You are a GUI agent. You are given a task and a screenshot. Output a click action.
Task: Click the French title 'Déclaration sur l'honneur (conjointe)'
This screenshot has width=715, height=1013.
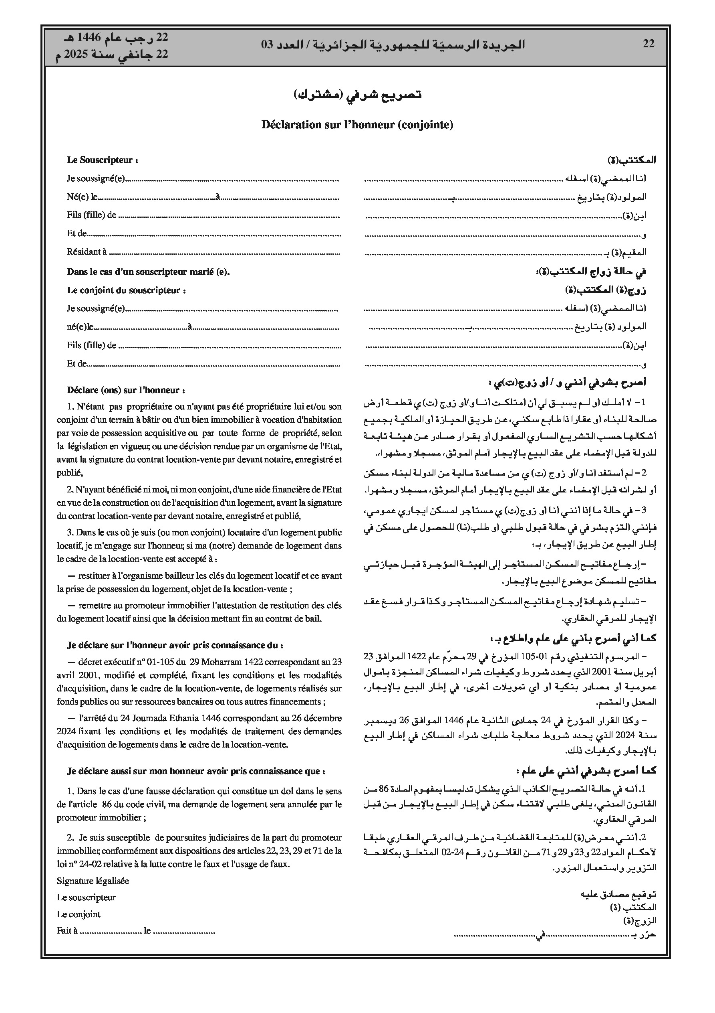[357, 125]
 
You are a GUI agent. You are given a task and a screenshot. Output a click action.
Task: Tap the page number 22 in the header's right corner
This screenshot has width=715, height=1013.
[649, 44]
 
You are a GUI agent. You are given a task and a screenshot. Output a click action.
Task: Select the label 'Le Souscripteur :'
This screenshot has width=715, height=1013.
[102, 160]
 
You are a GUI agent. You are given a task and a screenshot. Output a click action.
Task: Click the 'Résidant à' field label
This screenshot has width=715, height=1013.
[87, 252]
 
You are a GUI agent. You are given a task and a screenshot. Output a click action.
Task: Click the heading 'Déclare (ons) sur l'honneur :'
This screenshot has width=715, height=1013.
[126, 390]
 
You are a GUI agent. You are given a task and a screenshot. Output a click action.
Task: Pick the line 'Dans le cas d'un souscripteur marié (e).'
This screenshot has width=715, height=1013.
[149, 272]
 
